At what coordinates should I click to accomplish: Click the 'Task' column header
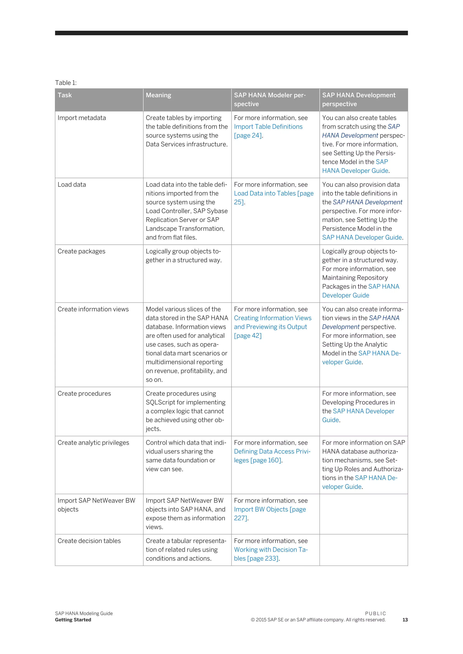point(65,95)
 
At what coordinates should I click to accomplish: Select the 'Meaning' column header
point(158,95)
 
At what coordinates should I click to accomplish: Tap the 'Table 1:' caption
point(66,83)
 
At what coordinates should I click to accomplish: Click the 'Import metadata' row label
point(82,118)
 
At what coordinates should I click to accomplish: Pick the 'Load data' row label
point(72,185)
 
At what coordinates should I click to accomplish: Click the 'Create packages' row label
point(81,251)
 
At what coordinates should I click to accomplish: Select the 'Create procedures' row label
point(84,393)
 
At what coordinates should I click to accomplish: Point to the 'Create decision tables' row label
point(89,541)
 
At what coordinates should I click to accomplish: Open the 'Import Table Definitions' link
point(268,127)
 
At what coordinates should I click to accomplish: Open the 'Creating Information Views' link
point(273,318)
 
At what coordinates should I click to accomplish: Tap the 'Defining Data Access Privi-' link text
point(272,451)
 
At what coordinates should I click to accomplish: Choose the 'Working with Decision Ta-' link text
point(271,549)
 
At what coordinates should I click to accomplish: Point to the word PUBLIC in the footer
point(375,613)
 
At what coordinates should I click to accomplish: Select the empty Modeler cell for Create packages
point(275,273)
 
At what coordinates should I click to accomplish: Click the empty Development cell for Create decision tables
point(364,550)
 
